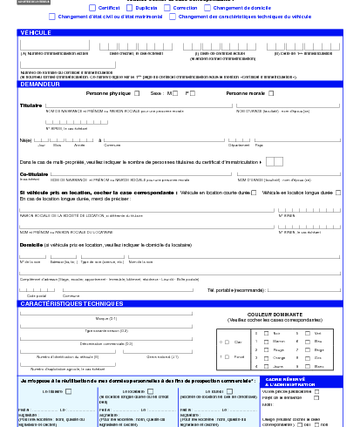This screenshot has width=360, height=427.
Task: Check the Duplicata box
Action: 131,8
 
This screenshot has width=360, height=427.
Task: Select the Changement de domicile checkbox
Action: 207,8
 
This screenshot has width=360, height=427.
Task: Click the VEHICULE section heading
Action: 35,32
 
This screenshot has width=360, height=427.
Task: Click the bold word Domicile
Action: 31,246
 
